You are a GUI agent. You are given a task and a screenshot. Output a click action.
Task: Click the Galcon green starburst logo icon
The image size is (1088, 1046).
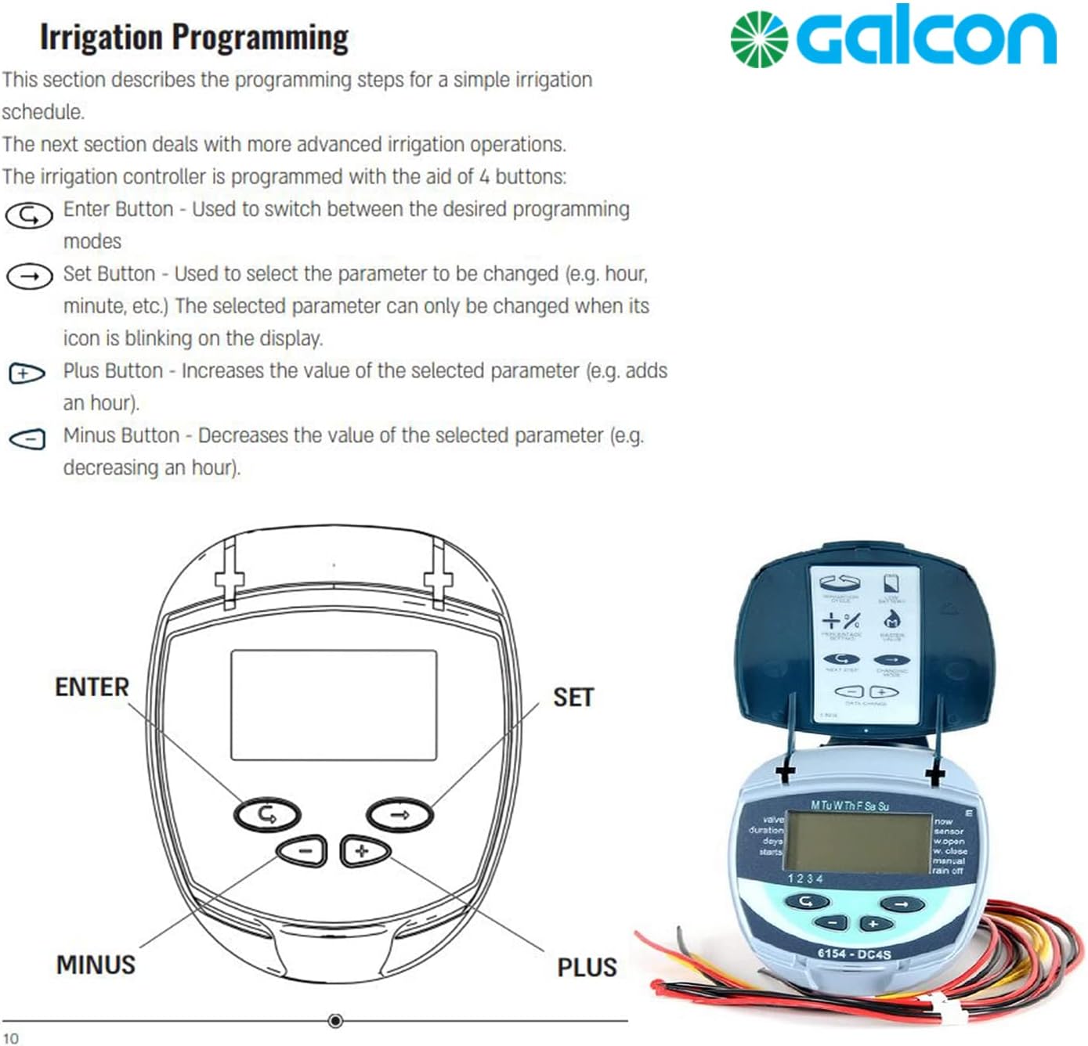pos(758,40)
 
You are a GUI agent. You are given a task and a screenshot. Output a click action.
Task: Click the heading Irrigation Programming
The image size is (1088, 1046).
pos(194,38)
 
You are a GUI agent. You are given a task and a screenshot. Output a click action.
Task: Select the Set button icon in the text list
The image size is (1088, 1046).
pos(30,276)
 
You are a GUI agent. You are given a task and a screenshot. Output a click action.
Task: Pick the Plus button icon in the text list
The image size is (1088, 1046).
pos(27,374)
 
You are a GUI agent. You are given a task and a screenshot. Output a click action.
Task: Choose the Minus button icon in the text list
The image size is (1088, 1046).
pos(27,439)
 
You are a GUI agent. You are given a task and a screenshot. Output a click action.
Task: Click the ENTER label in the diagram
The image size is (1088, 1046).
pos(92,687)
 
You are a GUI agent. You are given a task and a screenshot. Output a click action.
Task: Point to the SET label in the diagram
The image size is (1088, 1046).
pos(573,698)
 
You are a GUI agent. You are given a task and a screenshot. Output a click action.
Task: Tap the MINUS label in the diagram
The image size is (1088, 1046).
pos(96,965)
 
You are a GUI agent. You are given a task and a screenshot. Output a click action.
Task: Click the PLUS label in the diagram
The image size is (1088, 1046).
pos(587,968)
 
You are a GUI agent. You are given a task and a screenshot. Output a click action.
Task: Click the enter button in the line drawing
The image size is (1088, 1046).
pos(267,815)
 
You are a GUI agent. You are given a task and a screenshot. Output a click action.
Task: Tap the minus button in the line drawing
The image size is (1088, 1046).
pos(304,851)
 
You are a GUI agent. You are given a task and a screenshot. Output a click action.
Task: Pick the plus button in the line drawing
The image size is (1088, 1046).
pos(363,851)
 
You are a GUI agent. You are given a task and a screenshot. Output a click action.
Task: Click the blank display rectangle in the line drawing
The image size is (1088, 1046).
pos(334,705)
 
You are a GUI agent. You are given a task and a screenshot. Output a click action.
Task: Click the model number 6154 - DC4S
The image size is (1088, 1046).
pos(854,953)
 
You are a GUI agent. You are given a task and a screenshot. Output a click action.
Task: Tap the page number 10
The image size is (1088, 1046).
pos(10,1038)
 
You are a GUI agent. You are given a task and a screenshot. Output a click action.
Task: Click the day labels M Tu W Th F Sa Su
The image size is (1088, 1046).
pos(849,806)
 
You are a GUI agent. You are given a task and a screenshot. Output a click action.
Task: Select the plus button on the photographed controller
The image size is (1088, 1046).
pos(873,925)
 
